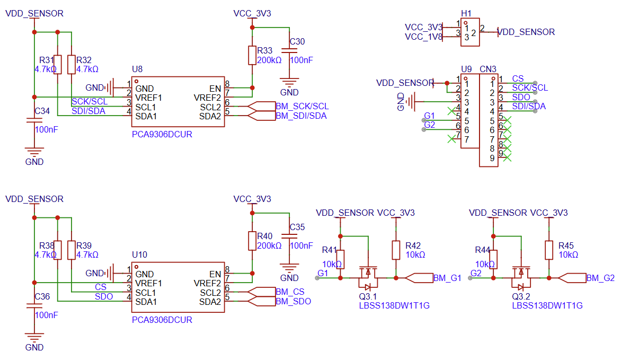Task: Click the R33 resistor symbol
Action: pyautogui.click(x=252, y=55)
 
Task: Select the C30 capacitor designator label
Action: pyautogui.click(x=297, y=42)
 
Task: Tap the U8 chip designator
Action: pyautogui.click(x=137, y=69)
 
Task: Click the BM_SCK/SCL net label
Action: pyautogui.click(x=302, y=107)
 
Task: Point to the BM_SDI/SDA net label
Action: pyautogui.click(x=301, y=116)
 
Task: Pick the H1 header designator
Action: pyautogui.click(x=466, y=13)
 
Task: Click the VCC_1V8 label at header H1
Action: pyautogui.click(x=423, y=37)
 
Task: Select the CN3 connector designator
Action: pyautogui.click(x=488, y=69)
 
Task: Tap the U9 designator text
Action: pyautogui.click(x=466, y=69)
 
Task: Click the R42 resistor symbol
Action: pyautogui.click(x=396, y=250)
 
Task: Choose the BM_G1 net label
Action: pyautogui.click(x=447, y=278)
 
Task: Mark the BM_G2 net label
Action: pyautogui.click(x=600, y=278)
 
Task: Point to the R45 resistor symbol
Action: pyautogui.click(x=549, y=250)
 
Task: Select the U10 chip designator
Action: pyautogui.click(x=139, y=255)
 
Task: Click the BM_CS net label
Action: pyautogui.click(x=290, y=292)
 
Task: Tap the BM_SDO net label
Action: pyautogui.click(x=293, y=302)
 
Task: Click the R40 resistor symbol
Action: pyautogui.click(x=252, y=241)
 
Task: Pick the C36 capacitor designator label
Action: pyautogui.click(x=42, y=296)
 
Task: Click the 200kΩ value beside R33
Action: pyautogui.click(x=269, y=60)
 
